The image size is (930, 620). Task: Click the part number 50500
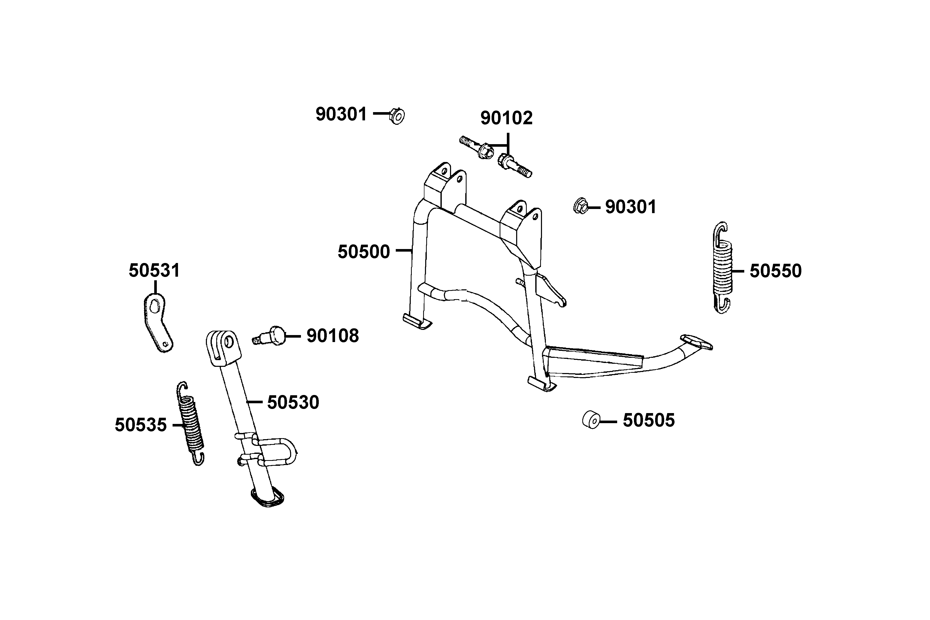pos(363,252)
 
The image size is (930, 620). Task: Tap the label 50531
pos(154,271)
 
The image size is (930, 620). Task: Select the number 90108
pos(332,336)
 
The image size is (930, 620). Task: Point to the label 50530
pos(293,402)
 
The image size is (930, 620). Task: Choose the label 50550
pos(776,271)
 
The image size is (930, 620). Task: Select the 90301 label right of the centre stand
pos(631,207)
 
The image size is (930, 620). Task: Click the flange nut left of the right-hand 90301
pos(580,206)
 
